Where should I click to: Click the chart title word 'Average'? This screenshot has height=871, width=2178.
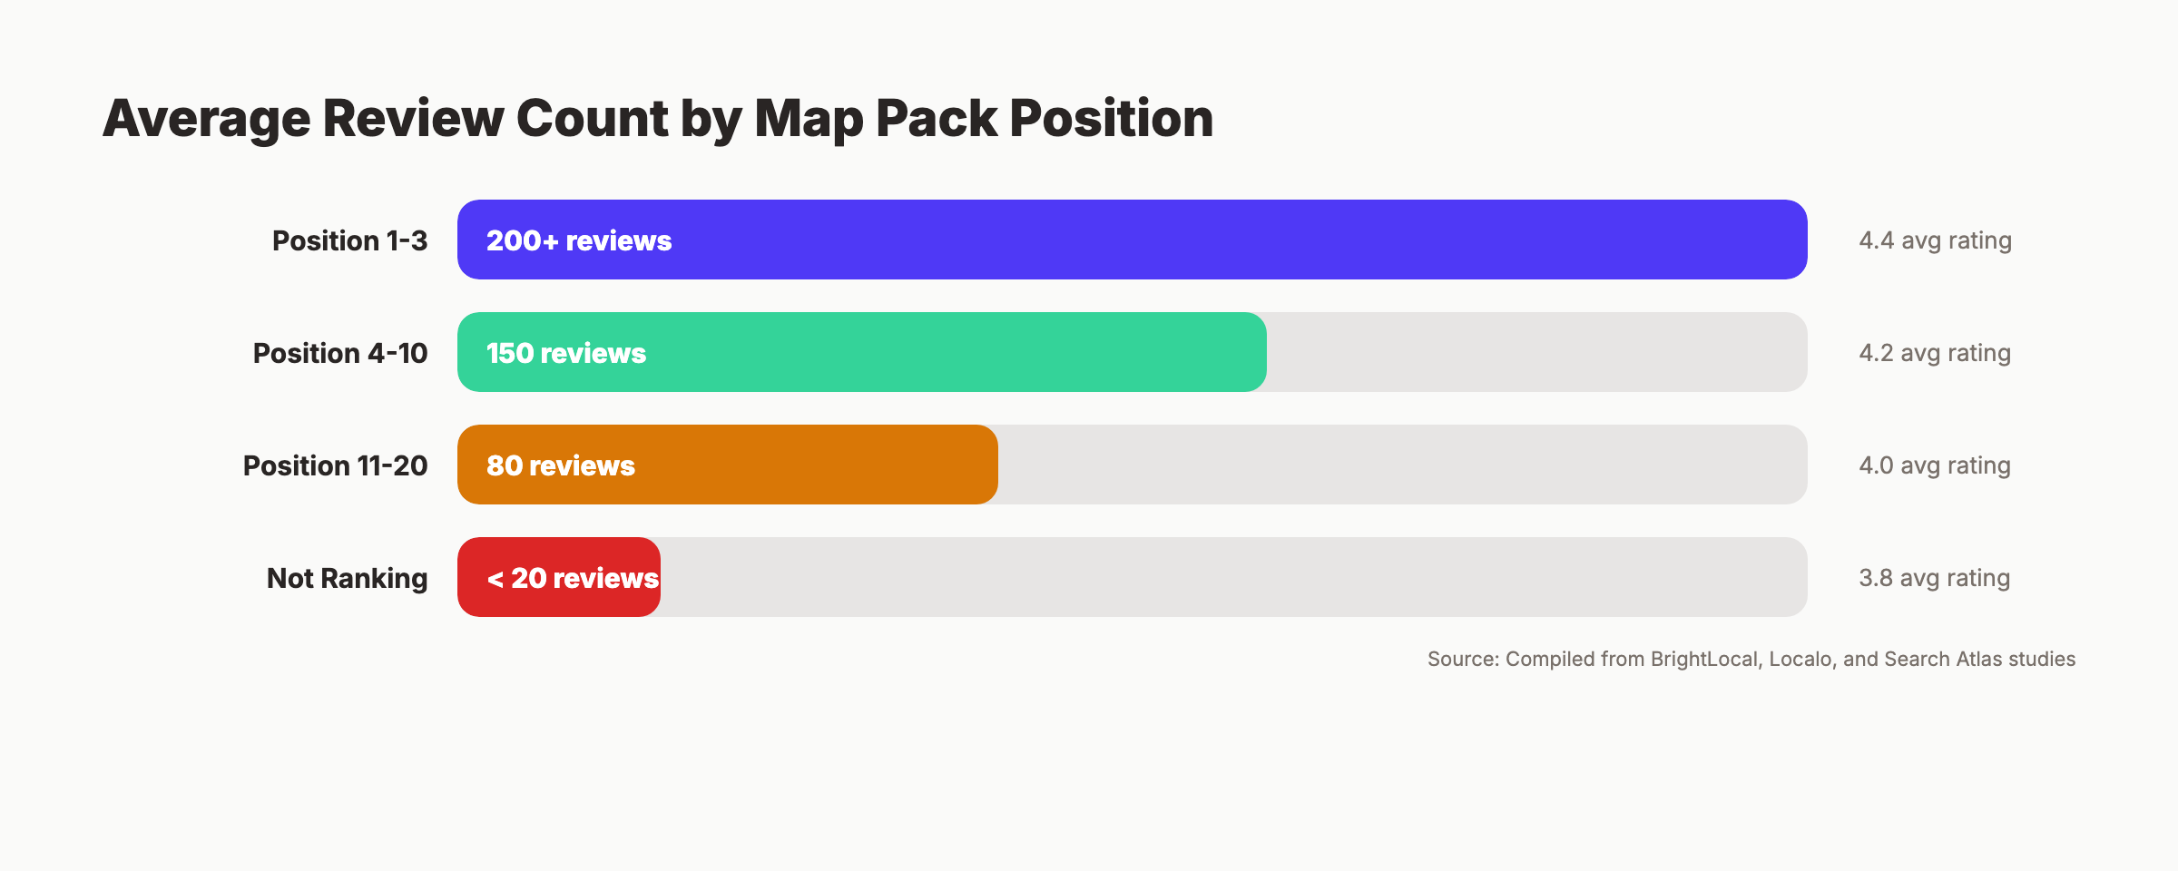(x=206, y=119)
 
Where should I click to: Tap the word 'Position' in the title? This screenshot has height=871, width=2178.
(x=1111, y=119)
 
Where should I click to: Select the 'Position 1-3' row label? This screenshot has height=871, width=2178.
(x=349, y=240)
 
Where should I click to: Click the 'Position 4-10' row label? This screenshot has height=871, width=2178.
(x=339, y=353)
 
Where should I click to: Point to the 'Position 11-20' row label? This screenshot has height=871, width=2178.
(x=335, y=465)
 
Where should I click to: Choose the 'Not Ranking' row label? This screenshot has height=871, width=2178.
(x=347, y=578)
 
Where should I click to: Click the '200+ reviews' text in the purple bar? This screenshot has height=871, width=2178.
(x=579, y=240)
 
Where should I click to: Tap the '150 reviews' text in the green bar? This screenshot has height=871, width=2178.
(x=566, y=353)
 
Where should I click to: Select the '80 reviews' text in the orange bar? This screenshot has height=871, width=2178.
(x=561, y=465)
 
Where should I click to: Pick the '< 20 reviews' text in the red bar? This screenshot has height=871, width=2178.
(x=573, y=578)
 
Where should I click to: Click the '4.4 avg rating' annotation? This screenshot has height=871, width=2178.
(x=1935, y=240)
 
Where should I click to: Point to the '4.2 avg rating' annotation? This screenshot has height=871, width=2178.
(x=1935, y=353)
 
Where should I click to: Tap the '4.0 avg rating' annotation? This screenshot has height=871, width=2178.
(x=1935, y=465)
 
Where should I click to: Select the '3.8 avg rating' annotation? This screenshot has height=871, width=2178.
(x=1935, y=578)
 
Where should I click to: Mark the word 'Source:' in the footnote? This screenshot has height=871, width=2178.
(x=1463, y=659)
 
